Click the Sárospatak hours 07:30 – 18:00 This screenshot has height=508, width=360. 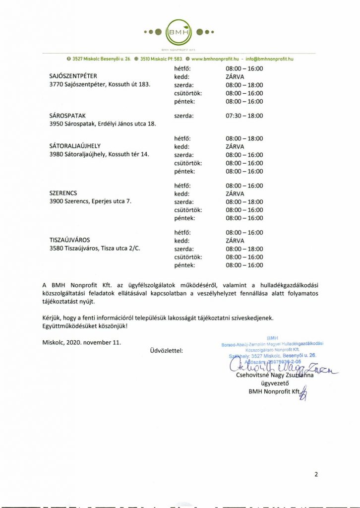244,116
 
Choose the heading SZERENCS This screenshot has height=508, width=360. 63,193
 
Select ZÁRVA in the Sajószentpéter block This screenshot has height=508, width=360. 235,77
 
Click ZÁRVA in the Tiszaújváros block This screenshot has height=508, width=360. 235,241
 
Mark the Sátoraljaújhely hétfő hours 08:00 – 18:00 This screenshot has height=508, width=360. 244,138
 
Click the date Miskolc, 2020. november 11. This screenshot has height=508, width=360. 82,342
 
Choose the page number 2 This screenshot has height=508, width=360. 316,474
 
